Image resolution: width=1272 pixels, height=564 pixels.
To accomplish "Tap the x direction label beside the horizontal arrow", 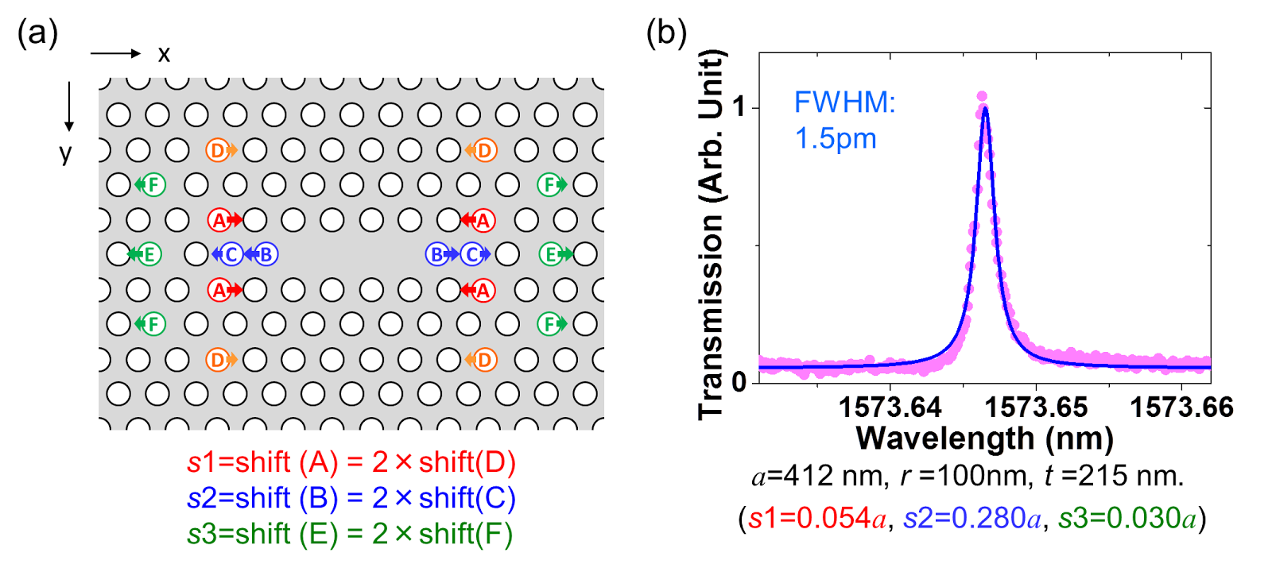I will (164, 54).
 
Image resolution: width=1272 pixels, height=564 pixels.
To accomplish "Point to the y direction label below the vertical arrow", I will (66, 152).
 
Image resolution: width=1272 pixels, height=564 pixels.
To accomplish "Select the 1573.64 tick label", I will (890, 408).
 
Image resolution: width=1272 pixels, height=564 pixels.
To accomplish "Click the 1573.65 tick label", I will (1036, 408).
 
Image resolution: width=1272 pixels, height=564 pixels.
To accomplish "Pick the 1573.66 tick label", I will (1181, 408).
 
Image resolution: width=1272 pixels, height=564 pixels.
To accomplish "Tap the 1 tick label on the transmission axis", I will (740, 106).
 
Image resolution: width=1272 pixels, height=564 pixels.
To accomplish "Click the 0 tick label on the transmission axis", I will (740, 381).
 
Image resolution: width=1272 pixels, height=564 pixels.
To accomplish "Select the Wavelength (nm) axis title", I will (984, 438).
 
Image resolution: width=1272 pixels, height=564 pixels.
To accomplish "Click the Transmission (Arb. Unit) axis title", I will (712, 234).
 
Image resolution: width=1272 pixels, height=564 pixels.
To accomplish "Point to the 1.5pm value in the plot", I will (836, 139).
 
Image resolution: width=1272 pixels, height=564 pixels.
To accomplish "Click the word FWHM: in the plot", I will (844, 102).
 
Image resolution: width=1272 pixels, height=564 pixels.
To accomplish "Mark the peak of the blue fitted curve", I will (985, 109).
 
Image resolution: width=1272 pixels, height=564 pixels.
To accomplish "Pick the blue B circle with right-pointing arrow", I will (436, 254).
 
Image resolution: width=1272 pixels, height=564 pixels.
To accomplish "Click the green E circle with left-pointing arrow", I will (148, 254).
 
